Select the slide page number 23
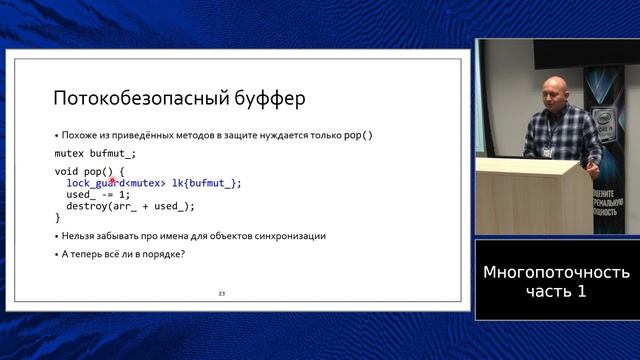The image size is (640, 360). tap(222, 293)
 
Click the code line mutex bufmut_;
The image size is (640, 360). tap(95, 154)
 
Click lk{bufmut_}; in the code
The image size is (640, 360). tap(208, 183)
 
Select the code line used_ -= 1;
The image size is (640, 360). tap(98, 195)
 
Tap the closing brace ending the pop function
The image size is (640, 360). tap(57, 217)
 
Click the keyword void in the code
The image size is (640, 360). tap(66, 172)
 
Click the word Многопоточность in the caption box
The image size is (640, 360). tap(556, 272)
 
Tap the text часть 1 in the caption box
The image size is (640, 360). tap(556, 292)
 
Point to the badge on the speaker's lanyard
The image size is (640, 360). tap(548, 151)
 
